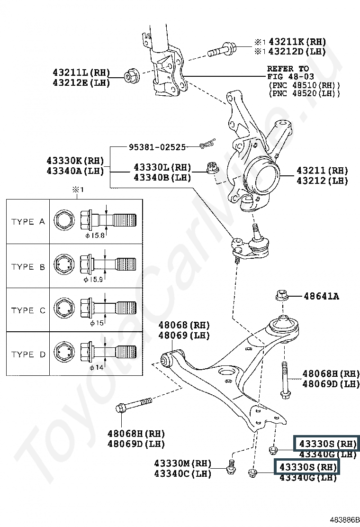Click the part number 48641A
[322, 297]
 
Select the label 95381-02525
[157, 147]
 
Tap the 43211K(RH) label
[297, 42]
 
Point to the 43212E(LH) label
[81, 82]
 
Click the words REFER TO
[288, 69]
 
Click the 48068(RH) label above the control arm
[184, 326]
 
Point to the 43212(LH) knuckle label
[322, 181]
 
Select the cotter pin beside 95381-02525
[207, 143]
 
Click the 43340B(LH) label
[162, 177]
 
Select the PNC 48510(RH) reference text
[304, 85]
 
